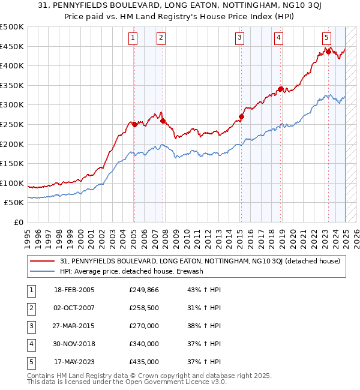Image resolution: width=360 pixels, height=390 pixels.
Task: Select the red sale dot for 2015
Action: [x=241, y=117]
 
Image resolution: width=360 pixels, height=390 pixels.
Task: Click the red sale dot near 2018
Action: [x=280, y=89]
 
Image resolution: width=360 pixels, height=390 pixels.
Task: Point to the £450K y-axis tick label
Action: [x=12, y=46]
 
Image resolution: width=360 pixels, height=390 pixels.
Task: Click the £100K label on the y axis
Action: [x=12, y=183]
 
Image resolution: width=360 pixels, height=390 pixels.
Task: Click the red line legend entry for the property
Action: [x=200, y=261]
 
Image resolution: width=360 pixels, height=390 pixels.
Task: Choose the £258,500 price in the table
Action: [x=144, y=308]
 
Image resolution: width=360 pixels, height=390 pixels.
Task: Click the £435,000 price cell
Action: [x=144, y=362]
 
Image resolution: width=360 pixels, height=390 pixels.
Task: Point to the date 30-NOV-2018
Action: [x=74, y=344]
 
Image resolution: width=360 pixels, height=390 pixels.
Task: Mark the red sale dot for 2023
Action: [x=328, y=52]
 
